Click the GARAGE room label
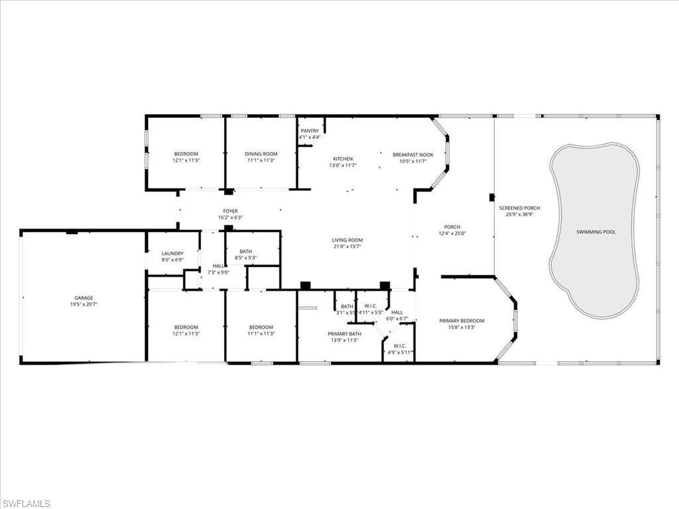[84, 298]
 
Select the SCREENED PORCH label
[519, 208]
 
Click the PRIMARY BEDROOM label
[462, 321]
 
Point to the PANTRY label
[310, 131]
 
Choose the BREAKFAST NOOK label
[412, 154]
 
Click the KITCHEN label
[343, 159]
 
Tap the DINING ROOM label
[261, 154]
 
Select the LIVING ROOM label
[347, 240]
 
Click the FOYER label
[230, 211]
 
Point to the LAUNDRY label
[172, 253]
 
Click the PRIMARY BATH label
[344, 334]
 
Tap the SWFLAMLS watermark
[27, 504]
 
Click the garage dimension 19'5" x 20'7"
[84, 305]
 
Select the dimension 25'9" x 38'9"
[519, 215]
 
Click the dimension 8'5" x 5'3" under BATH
[245, 258]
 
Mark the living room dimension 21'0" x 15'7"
[347, 247]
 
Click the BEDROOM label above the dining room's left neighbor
[186, 154]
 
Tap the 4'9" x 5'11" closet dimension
[400, 352]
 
